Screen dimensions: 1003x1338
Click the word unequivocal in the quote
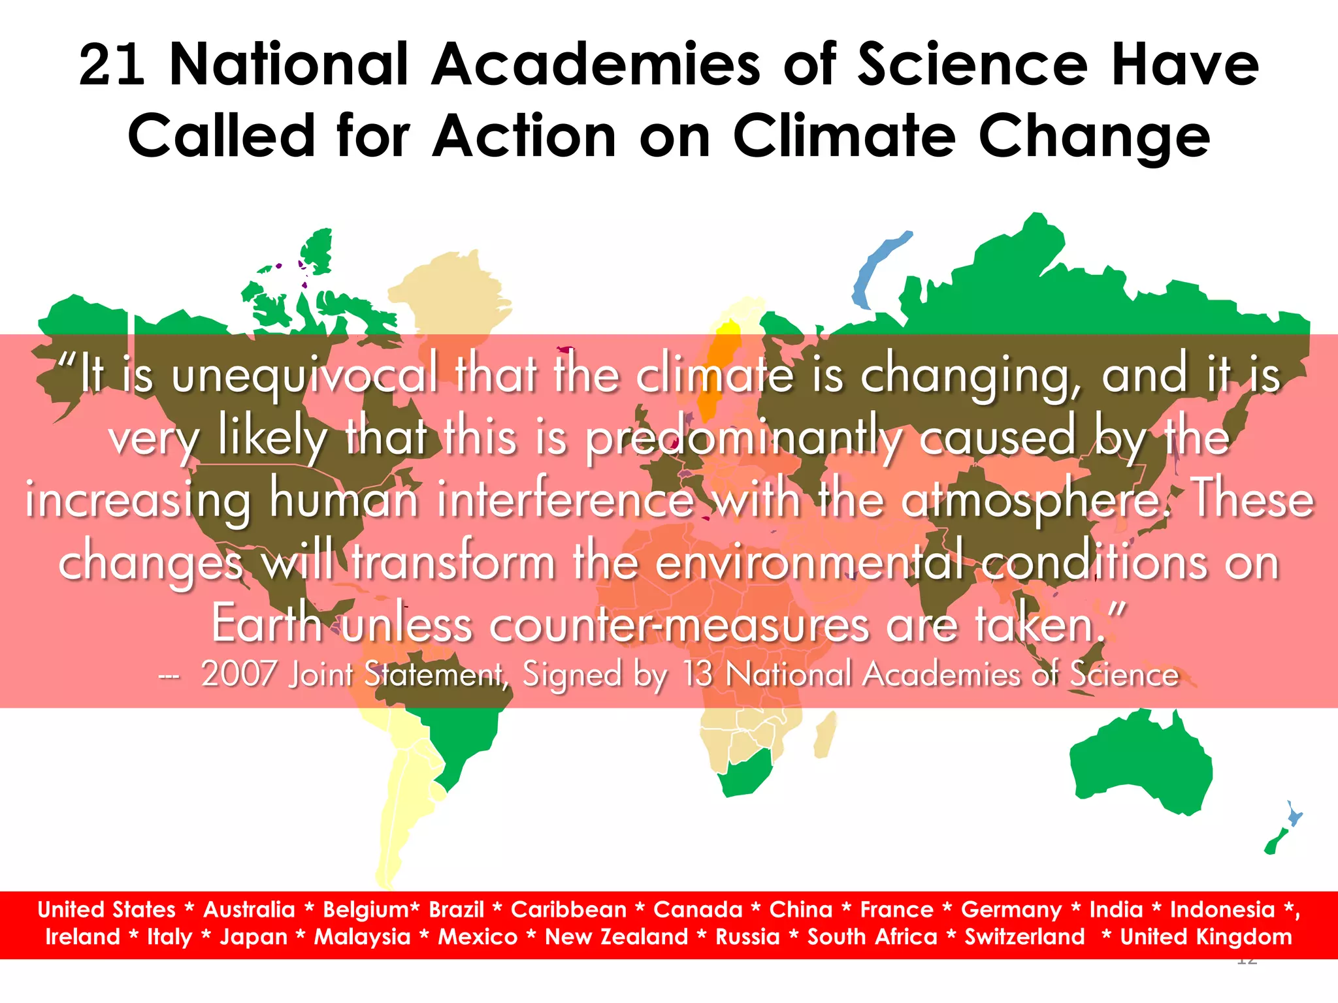point(304,376)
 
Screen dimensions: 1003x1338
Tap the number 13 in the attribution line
point(698,674)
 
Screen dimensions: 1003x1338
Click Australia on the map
point(1140,764)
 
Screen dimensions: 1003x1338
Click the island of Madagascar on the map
point(825,735)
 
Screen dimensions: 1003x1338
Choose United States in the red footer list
point(106,910)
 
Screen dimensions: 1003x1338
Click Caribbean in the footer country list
point(568,910)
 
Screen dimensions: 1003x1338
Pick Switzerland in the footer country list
point(1024,937)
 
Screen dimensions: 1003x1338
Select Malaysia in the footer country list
point(363,937)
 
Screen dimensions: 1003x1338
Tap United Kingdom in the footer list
point(1206,937)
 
